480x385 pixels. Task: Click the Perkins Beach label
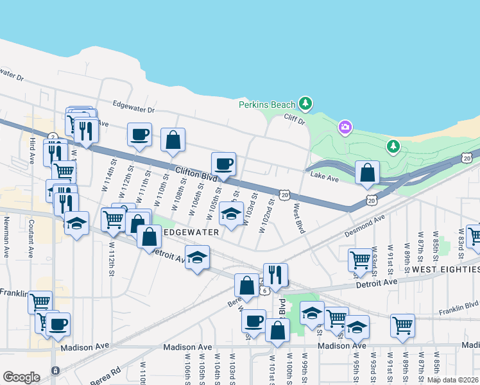266,105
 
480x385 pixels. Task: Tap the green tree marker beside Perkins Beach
306,103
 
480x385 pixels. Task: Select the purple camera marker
345,128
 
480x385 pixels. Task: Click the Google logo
21,377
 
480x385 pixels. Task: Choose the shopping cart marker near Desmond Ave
360,259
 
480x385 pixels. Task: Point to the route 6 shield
264,290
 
